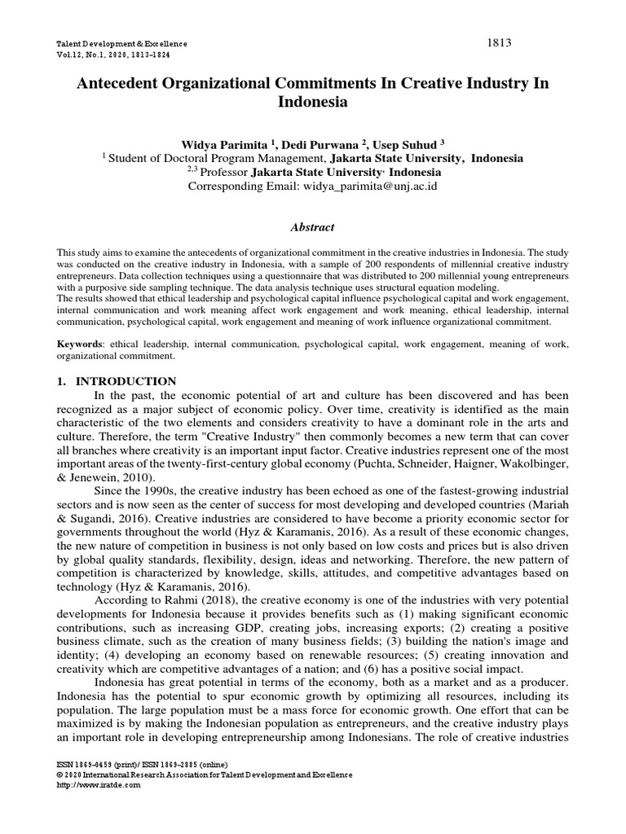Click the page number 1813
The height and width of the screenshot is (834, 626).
(x=498, y=42)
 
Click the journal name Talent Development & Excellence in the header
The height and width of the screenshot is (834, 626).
(x=121, y=43)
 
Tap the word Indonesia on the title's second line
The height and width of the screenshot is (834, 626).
(x=313, y=103)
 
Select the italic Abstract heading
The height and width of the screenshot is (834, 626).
(x=313, y=228)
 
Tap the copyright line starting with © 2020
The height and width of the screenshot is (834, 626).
(x=204, y=775)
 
